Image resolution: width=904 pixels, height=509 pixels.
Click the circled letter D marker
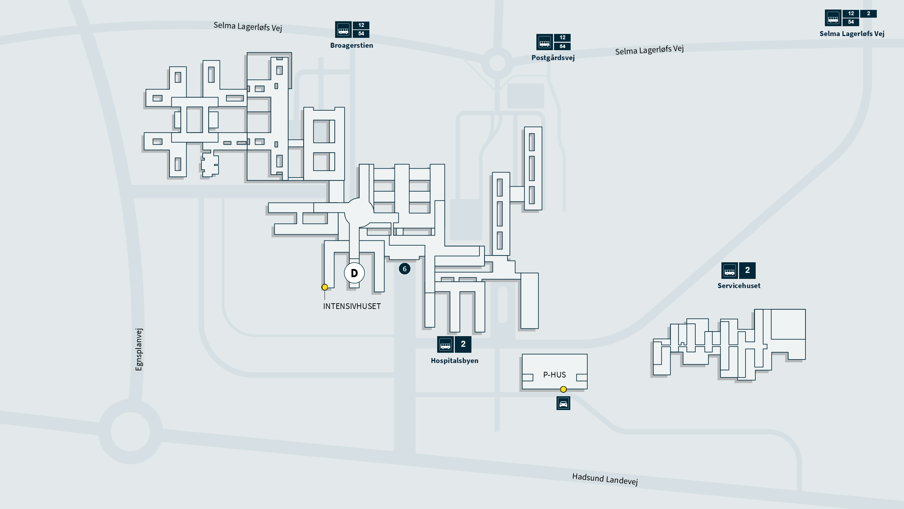pyautogui.click(x=354, y=273)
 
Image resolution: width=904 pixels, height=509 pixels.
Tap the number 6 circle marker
pyautogui.click(x=405, y=269)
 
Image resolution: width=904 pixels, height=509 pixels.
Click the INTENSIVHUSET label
pyautogui.click(x=352, y=306)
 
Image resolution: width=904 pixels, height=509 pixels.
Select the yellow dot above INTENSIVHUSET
pyautogui.click(x=325, y=287)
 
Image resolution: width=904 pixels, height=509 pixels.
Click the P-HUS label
pyautogui.click(x=554, y=375)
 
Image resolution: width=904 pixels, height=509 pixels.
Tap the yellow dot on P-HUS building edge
pyautogui.click(x=563, y=390)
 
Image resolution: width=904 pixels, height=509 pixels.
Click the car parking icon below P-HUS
pyautogui.click(x=563, y=403)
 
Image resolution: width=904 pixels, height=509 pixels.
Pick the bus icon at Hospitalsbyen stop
pyautogui.click(x=445, y=344)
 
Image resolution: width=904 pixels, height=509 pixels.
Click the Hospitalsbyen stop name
pyautogui.click(x=454, y=361)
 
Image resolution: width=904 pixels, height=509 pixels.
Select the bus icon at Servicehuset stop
pyautogui.click(x=730, y=271)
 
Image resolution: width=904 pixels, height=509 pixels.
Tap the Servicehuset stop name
pyautogui.click(x=739, y=286)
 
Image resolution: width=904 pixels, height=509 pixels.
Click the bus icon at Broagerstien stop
pyautogui.click(x=343, y=29)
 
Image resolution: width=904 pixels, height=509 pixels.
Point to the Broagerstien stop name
pyautogui.click(x=351, y=45)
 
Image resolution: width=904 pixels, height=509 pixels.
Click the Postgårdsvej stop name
pyautogui.click(x=553, y=58)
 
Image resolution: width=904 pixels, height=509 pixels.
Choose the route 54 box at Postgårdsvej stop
pyautogui.click(x=563, y=46)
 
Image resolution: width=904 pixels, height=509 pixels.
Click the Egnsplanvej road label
pyautogui.click(x=139, y=349)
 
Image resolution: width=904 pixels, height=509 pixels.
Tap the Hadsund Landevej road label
pyautogui.click(x=605, y=479)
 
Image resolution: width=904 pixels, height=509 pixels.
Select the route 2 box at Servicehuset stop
pyautogui.click(x=747, y=270)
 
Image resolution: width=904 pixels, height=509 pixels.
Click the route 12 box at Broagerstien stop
pyautogui.click(x=361, y=25)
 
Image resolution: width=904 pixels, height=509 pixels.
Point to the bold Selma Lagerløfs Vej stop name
pyautogui.click(x=852, y=34)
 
